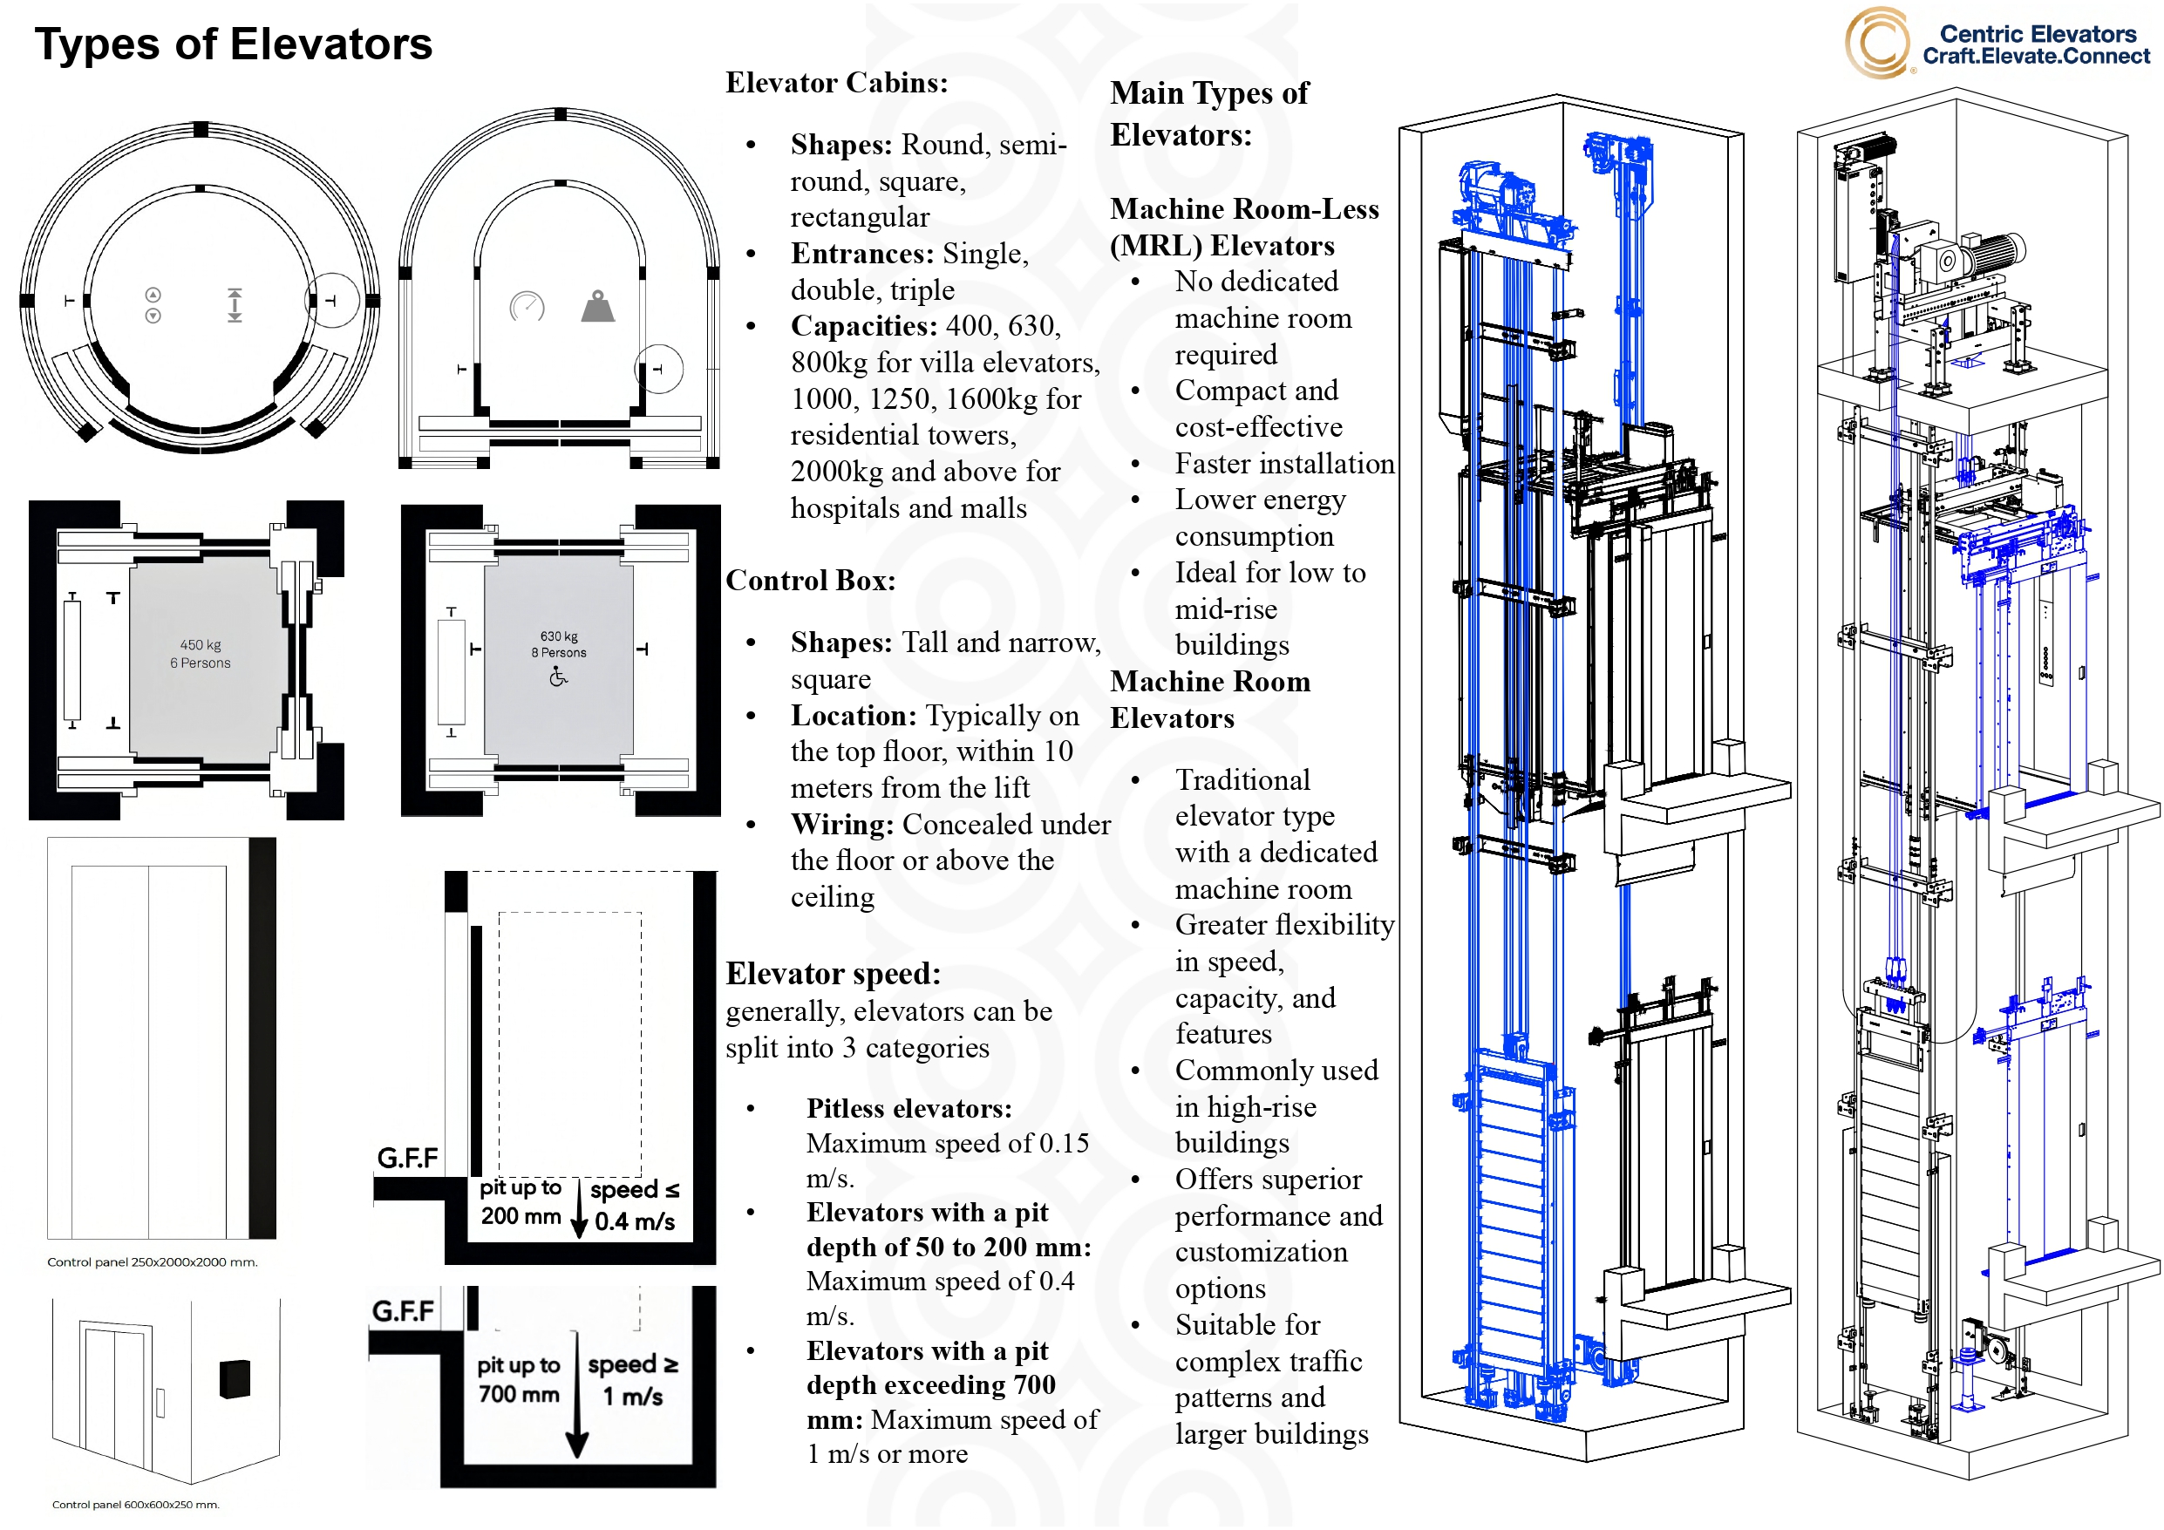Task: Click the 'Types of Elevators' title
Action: tap(233, 44)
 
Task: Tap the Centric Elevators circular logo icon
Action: tap(1876, 43)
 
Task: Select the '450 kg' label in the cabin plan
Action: tap(200, 645)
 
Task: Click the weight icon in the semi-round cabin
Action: tap(597, 306)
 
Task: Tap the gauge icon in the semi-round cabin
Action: tap(527, 306)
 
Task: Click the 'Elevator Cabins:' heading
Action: tap(836, 83)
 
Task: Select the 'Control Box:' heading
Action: tap(810, 581)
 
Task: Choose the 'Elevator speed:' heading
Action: tap(833, 974)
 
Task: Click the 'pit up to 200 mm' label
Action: tap(521, 1202)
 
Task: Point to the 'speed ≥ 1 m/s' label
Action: tap(632, 1380)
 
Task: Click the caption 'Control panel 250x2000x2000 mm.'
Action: tap(152, 1262)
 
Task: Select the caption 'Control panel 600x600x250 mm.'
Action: tap(135, 1505)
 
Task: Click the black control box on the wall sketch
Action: tap(235, 1379)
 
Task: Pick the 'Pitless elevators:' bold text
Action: tap(908, 1109)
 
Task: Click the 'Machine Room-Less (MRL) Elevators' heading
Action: tap(1243, 228)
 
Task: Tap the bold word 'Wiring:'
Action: tap(841, 825)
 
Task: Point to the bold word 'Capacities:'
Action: tap(863, 326)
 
